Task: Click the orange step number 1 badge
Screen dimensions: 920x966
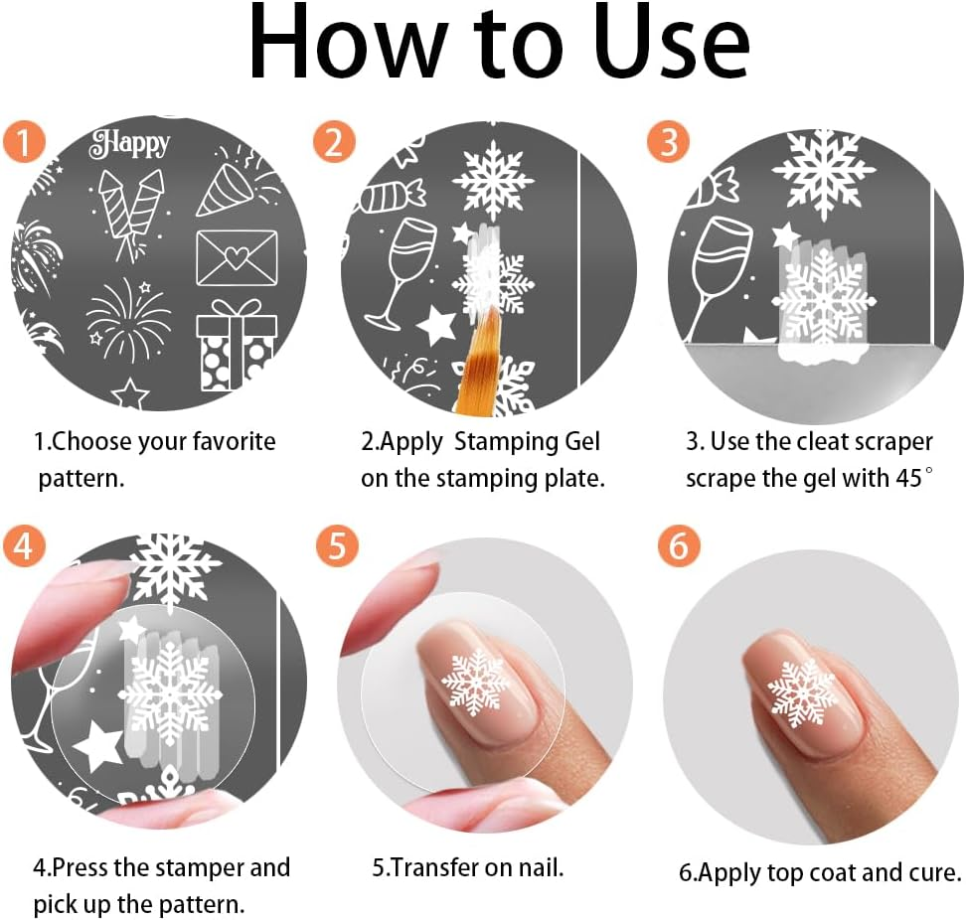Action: point(23,142)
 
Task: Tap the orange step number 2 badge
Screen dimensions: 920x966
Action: point(333,142)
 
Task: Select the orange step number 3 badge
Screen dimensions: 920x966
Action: point(668,142)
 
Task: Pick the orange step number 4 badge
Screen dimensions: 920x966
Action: point(23,546)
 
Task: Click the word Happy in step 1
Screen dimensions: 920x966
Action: point(130,144)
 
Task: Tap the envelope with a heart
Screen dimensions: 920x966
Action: point(237,256)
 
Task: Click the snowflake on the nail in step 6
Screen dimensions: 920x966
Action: point(803,691)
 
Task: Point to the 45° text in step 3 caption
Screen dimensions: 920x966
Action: point(909,477)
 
